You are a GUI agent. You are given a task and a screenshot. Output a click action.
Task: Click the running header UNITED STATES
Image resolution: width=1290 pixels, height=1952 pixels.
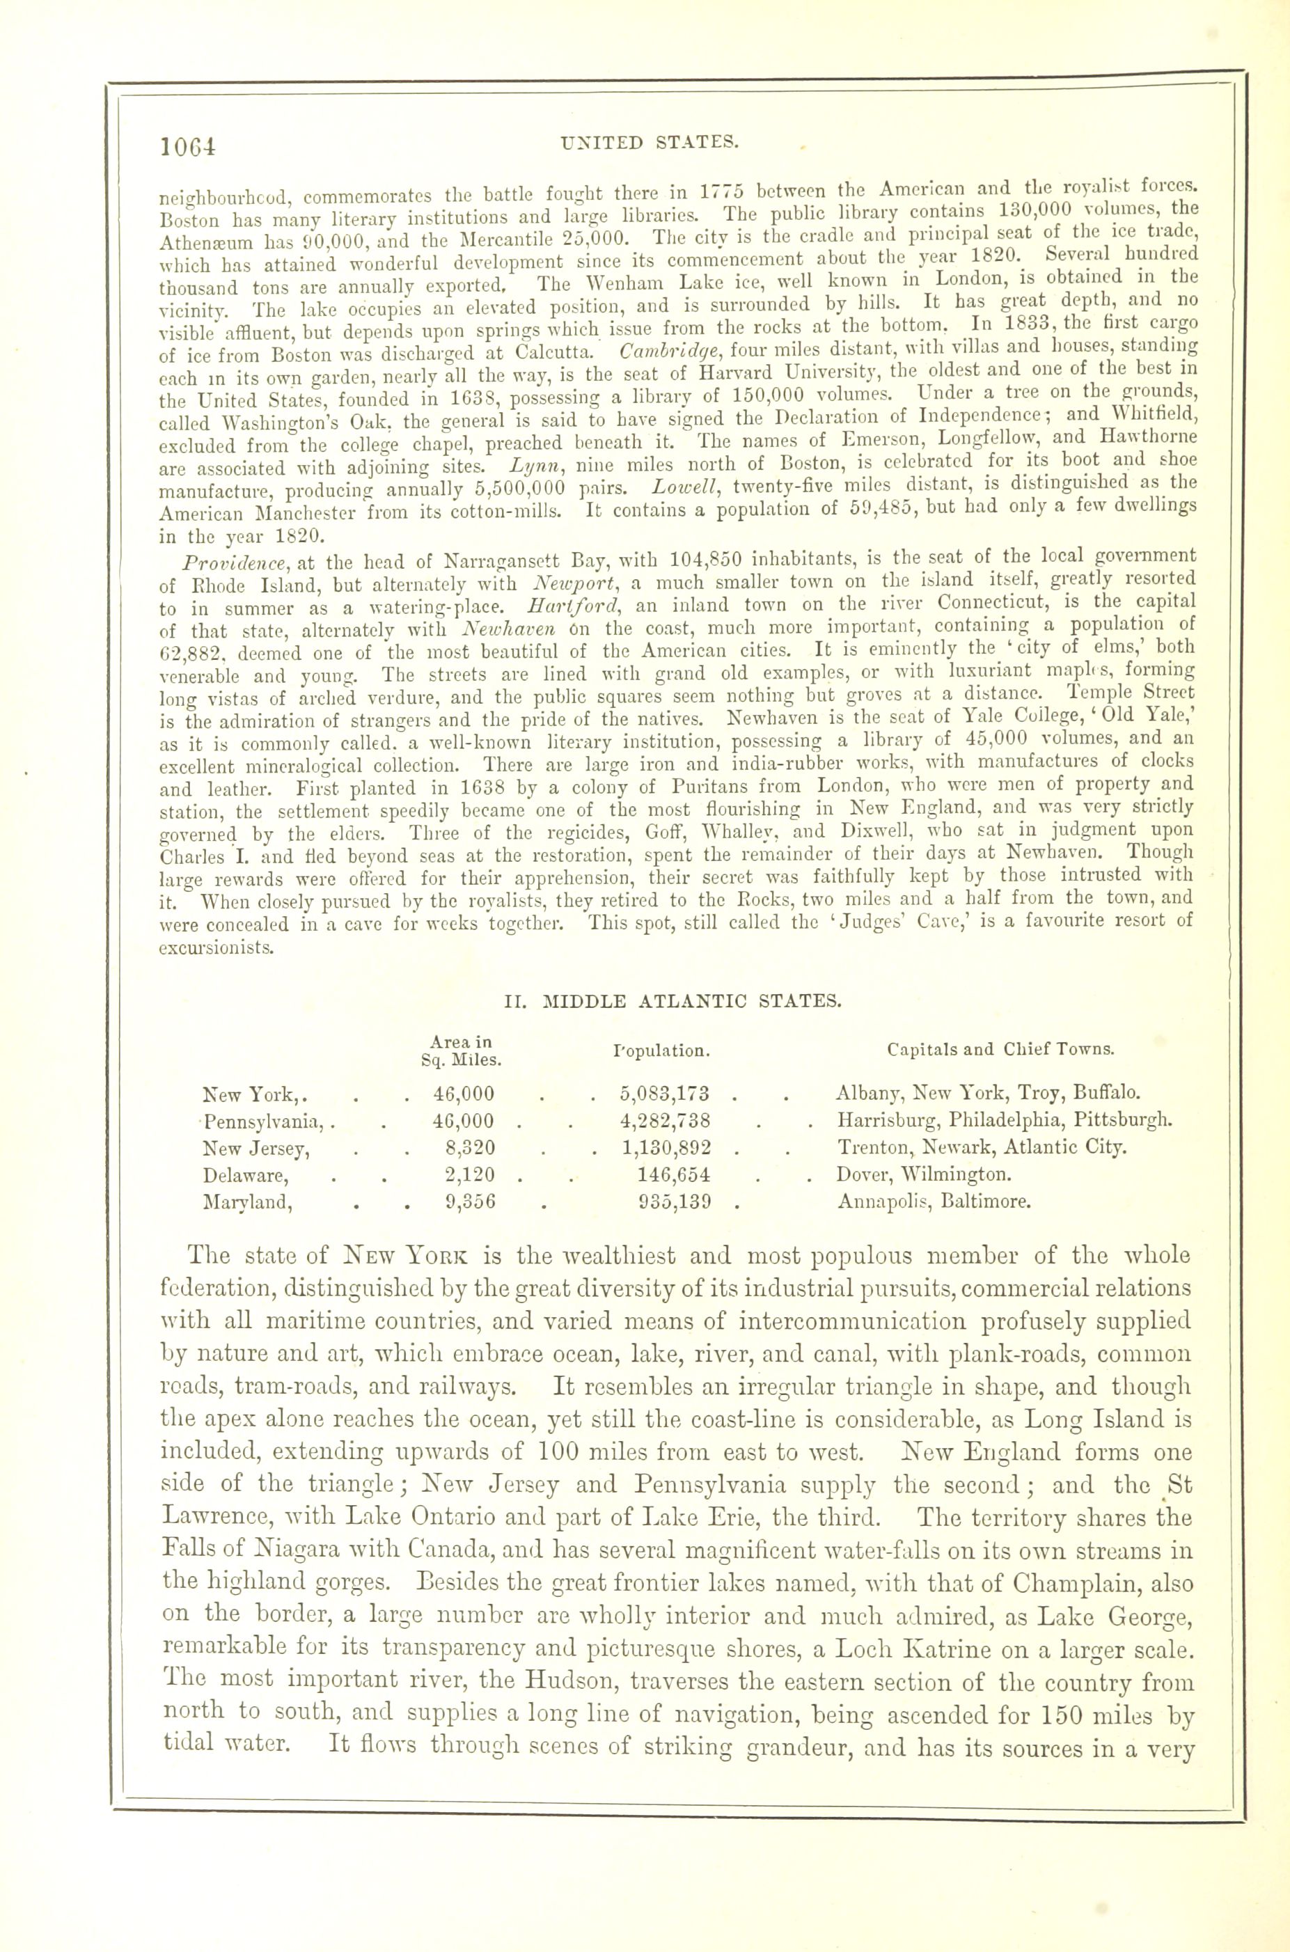[x=647, y=141]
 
